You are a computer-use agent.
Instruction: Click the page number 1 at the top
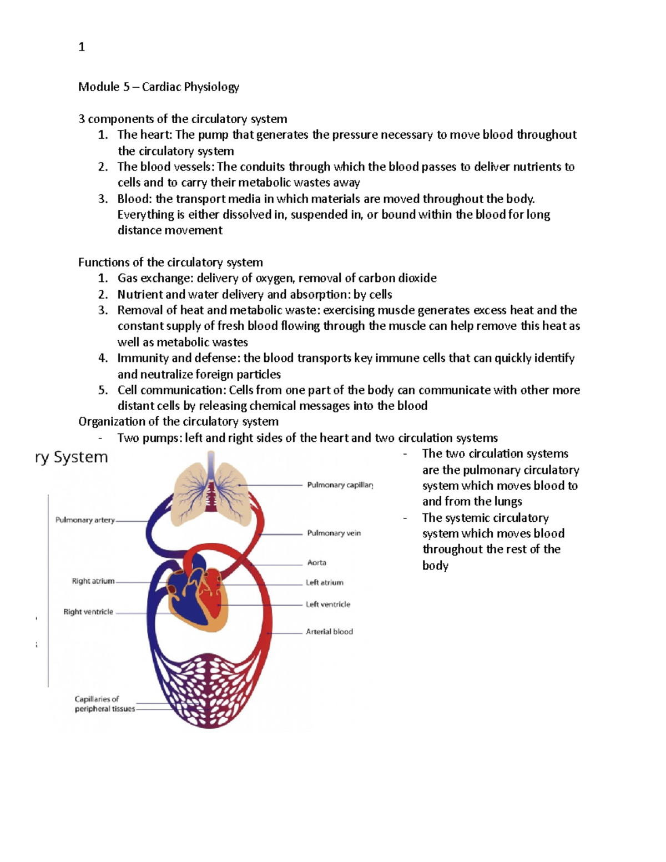82,47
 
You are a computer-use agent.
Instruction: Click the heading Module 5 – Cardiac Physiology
158,87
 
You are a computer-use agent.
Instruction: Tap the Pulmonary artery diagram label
85,520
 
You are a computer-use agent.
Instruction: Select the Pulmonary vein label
334,533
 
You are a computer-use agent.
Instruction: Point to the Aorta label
316,563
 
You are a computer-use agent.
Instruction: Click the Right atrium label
93,581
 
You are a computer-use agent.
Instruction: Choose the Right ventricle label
88,612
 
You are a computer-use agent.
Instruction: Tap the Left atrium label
324,583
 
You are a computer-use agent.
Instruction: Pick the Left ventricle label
327,604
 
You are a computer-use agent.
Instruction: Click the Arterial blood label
329,632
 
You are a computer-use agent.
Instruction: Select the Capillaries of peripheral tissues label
104,704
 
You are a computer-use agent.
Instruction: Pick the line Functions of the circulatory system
170,263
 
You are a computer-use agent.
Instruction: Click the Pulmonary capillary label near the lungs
340,485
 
